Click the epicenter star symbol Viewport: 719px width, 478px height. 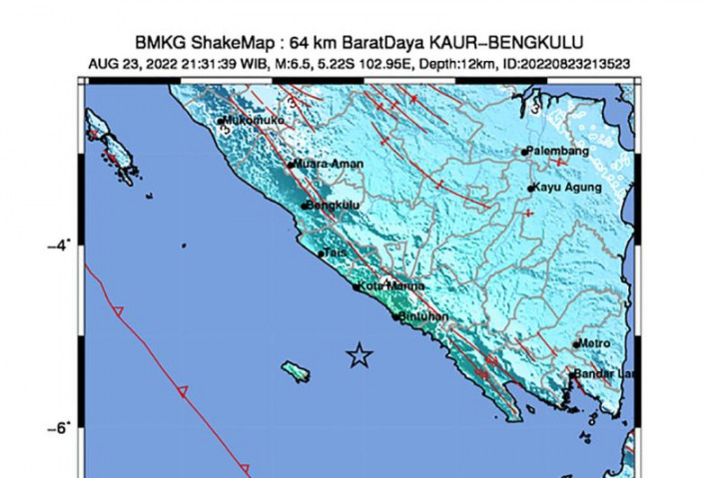tap(359, 355)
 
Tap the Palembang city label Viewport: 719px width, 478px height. tap(559, 152)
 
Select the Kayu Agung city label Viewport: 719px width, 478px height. tap(567, 188)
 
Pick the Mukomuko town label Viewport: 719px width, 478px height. tap(255, 121)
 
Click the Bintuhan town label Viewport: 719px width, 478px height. tap(424, 317)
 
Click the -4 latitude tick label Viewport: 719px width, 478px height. tap(57, 244)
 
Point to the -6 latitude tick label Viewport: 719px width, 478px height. tap(57, 427)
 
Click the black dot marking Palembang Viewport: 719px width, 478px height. tap(524, 152)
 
